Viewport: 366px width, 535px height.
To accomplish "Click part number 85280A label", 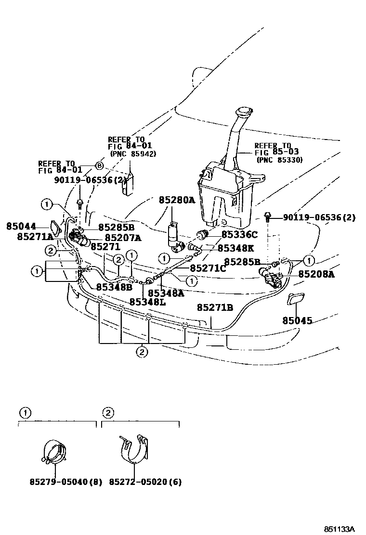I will pos(177,200).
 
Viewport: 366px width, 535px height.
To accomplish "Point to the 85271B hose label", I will pos(214,307).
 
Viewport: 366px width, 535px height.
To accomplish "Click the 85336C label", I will pos(239,235).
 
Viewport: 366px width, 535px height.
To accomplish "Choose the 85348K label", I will pos(236,248).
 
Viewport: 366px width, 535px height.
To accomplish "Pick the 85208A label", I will pos(316,274).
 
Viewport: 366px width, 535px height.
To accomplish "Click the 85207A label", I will pos(123,237).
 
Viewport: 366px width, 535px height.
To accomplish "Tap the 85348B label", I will pos(114,287).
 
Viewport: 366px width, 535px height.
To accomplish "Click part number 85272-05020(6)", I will pos(145,482).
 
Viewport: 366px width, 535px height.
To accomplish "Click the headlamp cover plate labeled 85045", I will pos(294,300).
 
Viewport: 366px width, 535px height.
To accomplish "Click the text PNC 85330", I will pos(279,159).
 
